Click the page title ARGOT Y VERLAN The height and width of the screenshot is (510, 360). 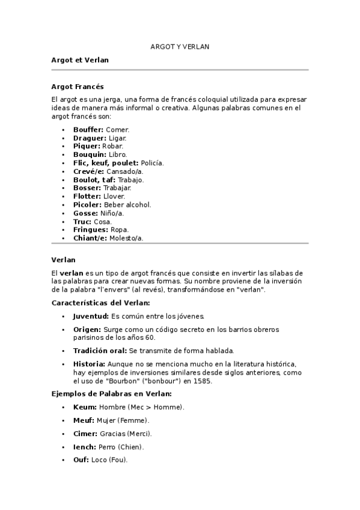coord(180,46)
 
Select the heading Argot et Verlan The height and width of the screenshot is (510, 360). coord(80,60)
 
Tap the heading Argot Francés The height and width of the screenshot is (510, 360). coord(78,87)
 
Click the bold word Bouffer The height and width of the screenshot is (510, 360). coord(88,129)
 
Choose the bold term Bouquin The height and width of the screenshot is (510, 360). coord(90,155)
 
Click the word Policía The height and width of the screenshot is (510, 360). coord(152,163)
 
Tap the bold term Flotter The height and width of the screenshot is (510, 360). coord(87,196)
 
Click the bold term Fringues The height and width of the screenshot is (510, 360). coord(90,230)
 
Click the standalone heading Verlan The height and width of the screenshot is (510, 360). coord(64,260)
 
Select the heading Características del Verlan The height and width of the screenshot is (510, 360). coord(100,303)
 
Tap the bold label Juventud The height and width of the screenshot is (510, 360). coord(91,316)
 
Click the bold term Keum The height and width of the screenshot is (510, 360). coord(84,407)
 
